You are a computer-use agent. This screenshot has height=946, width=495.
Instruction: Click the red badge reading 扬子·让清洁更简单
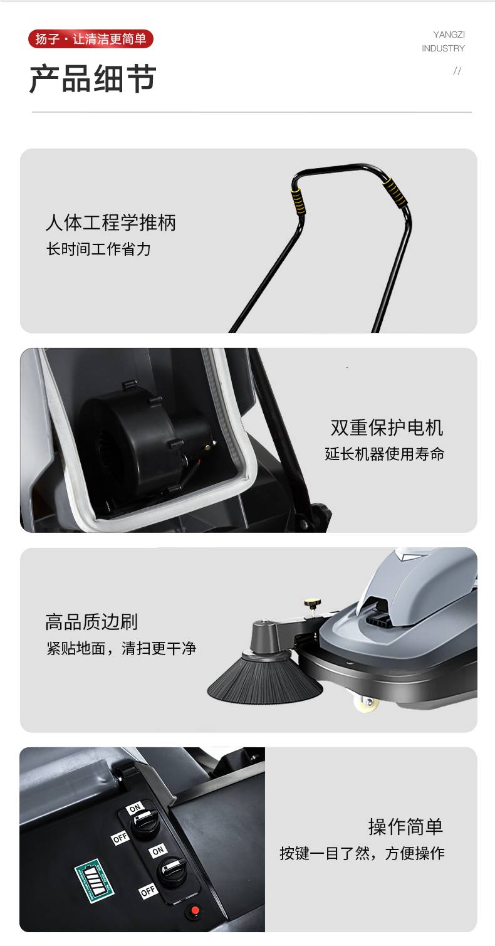91,39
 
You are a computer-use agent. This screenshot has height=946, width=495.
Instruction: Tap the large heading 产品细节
93,78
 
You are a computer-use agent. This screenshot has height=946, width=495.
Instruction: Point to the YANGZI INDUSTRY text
443,41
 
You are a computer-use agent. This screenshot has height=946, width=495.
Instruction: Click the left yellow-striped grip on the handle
298,201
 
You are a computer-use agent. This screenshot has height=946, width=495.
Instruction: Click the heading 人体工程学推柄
110,222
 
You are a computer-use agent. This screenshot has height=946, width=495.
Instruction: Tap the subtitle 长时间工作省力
98,249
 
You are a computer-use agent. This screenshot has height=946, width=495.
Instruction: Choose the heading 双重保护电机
387,428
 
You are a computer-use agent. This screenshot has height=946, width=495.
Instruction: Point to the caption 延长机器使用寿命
385,454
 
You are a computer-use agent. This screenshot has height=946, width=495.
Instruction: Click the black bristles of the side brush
265,681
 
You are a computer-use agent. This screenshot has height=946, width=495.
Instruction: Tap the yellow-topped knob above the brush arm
312,604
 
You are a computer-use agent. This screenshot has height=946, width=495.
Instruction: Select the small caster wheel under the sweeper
367,702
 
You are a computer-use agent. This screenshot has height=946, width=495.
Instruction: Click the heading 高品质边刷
91,622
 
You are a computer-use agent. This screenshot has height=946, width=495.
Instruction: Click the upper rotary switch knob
145,823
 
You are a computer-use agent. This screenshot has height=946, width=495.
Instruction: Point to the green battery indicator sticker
94,881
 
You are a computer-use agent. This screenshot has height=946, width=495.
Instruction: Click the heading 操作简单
405,826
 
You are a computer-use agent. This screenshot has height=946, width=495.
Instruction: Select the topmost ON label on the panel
135,808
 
